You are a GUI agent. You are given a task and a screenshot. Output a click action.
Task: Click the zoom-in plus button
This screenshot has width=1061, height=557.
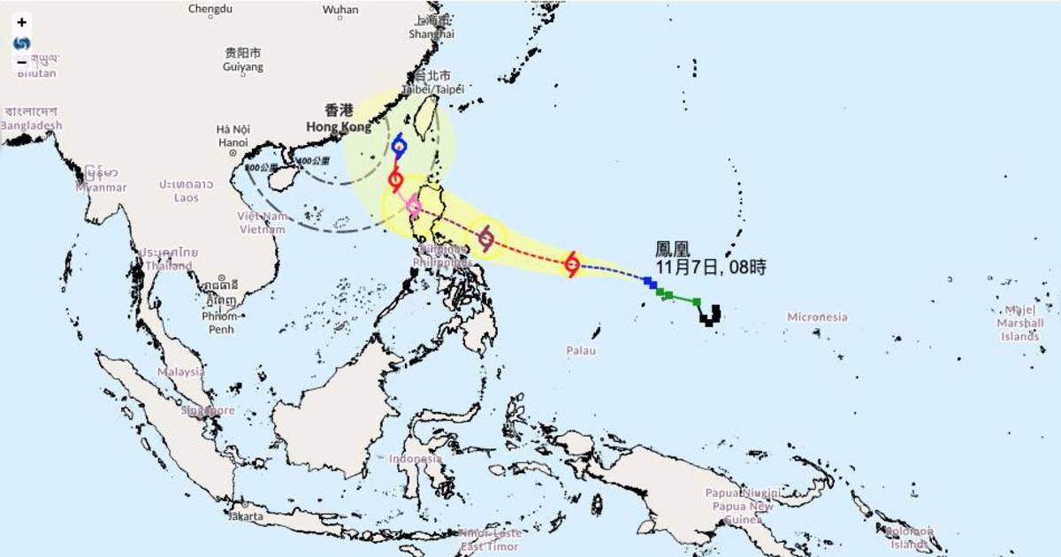click(22, 23)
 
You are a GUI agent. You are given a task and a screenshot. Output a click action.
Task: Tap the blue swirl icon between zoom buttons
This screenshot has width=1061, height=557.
click(22, 42)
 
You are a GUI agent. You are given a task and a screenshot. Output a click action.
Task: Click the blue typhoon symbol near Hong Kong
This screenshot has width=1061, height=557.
click(399, 147)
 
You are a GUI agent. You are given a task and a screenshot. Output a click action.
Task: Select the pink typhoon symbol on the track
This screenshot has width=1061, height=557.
click(414, 206)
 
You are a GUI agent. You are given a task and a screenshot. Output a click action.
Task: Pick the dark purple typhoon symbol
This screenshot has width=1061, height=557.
click(485, 237)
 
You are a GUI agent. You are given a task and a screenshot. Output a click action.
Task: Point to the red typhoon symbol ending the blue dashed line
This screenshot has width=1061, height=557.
click(572, 263)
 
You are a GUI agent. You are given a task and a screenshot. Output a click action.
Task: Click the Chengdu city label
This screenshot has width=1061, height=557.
click(210, 10)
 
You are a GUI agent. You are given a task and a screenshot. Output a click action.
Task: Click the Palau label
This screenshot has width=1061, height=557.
click(581, 351)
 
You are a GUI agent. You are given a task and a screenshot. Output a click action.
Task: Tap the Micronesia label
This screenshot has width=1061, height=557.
click(817, 317)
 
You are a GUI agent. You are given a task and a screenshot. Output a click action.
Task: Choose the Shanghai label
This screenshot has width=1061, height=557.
click(431, 34)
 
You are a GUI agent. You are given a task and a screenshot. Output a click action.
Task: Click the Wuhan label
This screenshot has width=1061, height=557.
click(340, 10)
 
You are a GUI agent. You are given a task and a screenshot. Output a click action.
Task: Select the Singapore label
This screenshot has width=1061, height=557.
click(208, 410)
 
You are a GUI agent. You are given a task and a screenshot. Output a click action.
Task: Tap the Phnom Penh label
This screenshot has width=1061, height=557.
click(219, 323)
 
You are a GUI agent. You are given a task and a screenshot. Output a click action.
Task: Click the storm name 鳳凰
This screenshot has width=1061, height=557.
click(672, 250)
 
